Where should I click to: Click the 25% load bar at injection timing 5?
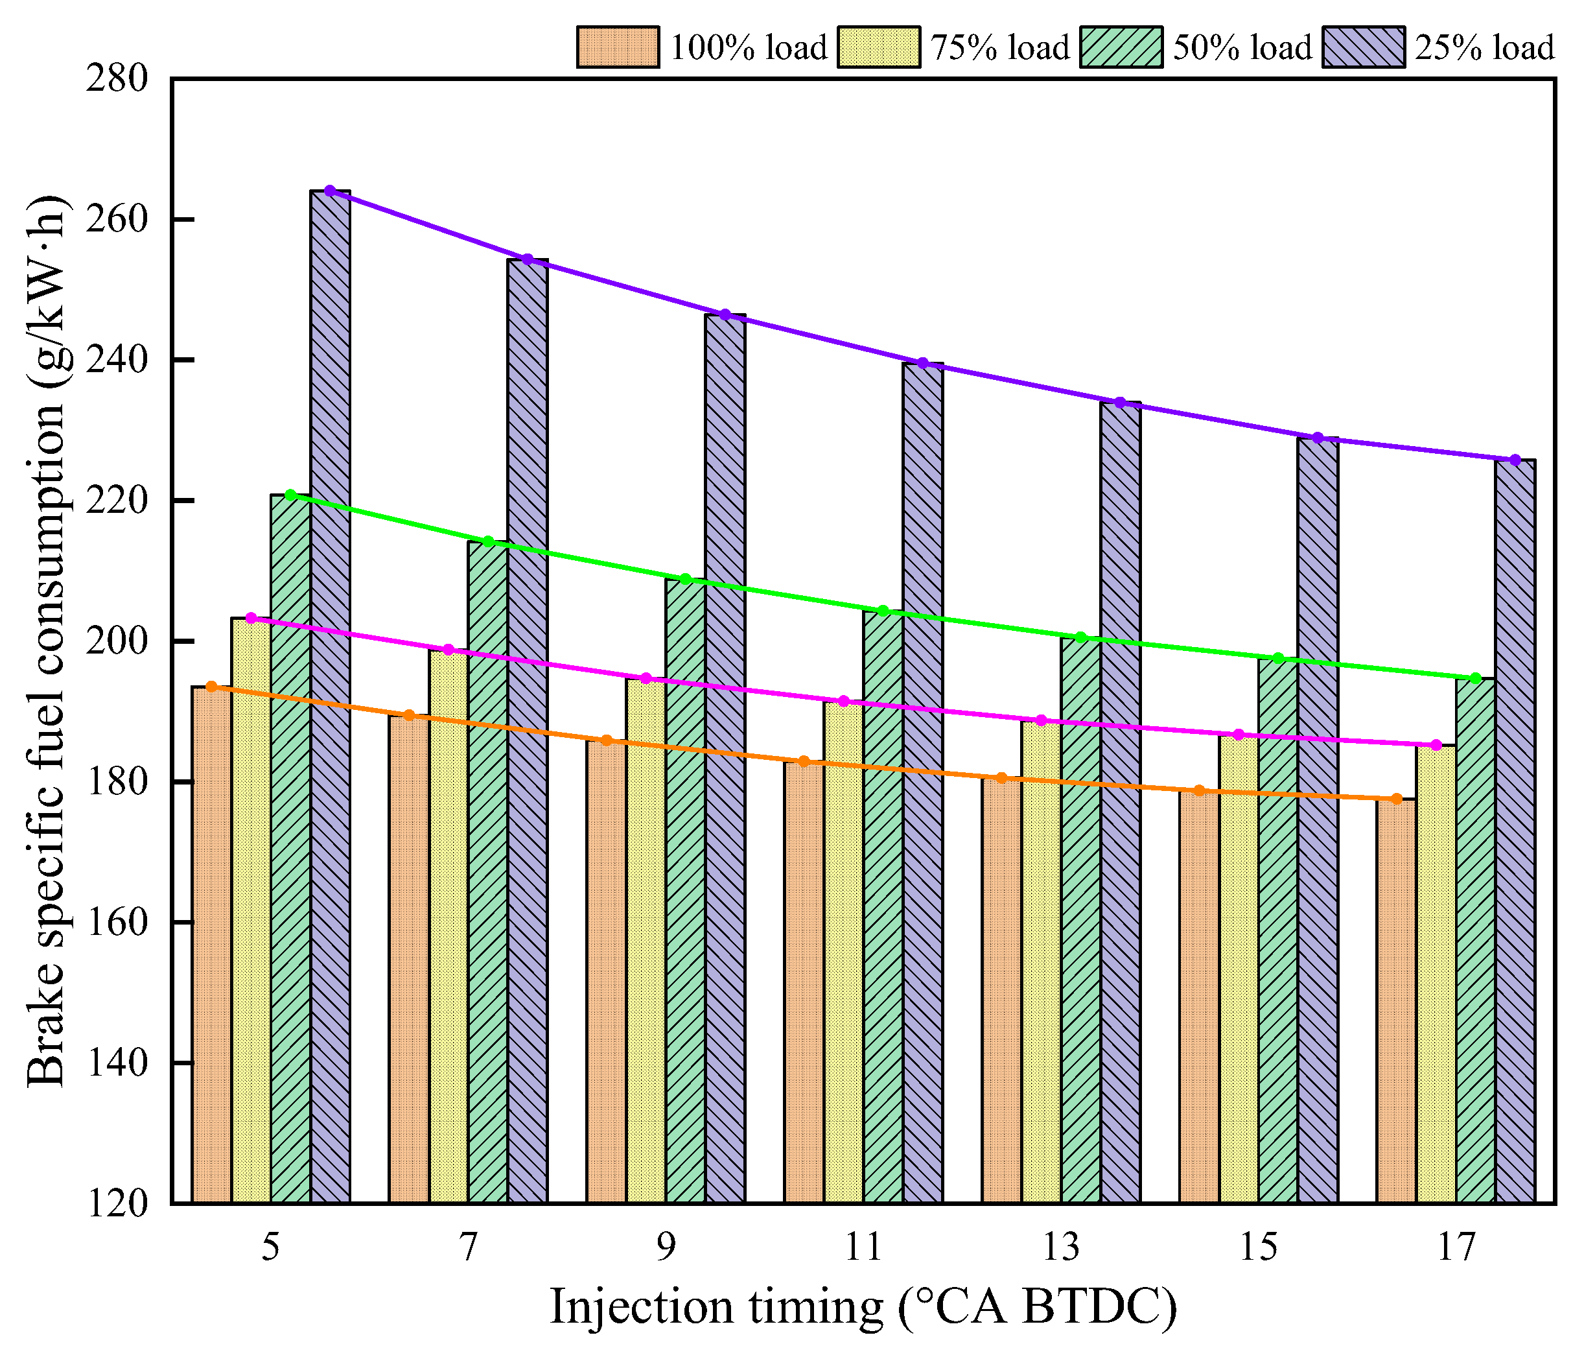click(331, 696)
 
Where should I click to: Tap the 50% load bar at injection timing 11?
click(883, 907)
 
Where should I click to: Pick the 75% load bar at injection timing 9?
click(646, 941)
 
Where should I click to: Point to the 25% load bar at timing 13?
click(1121, 803)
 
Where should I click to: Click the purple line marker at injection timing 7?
click(528, 259)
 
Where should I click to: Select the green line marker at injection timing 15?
click(1278, 657)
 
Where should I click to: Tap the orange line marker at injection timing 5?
click(212, 687)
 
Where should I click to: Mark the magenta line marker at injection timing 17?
click(1436, 745)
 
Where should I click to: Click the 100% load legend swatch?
click(618, 47)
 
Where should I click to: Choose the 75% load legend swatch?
click(879, 47)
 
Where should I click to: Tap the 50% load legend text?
click(1242, 47)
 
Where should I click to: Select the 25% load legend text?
click(1484, 47)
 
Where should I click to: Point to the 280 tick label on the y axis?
click(117, 78)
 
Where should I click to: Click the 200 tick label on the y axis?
click(117, 641)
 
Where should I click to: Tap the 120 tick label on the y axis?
click(117, 1203)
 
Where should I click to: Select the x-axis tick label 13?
click(1061, 1247)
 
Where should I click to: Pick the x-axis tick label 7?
click(468, 1247)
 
